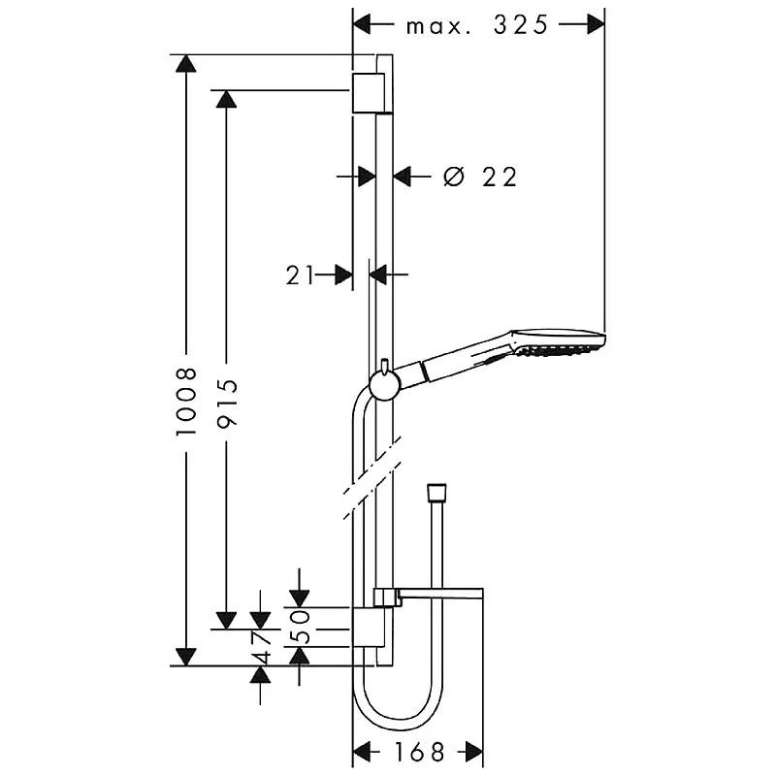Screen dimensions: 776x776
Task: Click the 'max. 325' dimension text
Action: point(477,25)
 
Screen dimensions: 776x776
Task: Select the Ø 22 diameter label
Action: point(480,177)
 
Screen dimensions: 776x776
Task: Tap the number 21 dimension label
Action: point(300,275)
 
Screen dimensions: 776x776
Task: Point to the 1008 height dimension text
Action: point(186,402)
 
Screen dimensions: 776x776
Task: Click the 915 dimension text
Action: point(227,403)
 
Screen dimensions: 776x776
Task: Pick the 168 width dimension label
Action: point(419,753)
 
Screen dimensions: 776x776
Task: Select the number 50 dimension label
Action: point(300,627)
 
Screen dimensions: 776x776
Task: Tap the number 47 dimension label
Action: point(261,646)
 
